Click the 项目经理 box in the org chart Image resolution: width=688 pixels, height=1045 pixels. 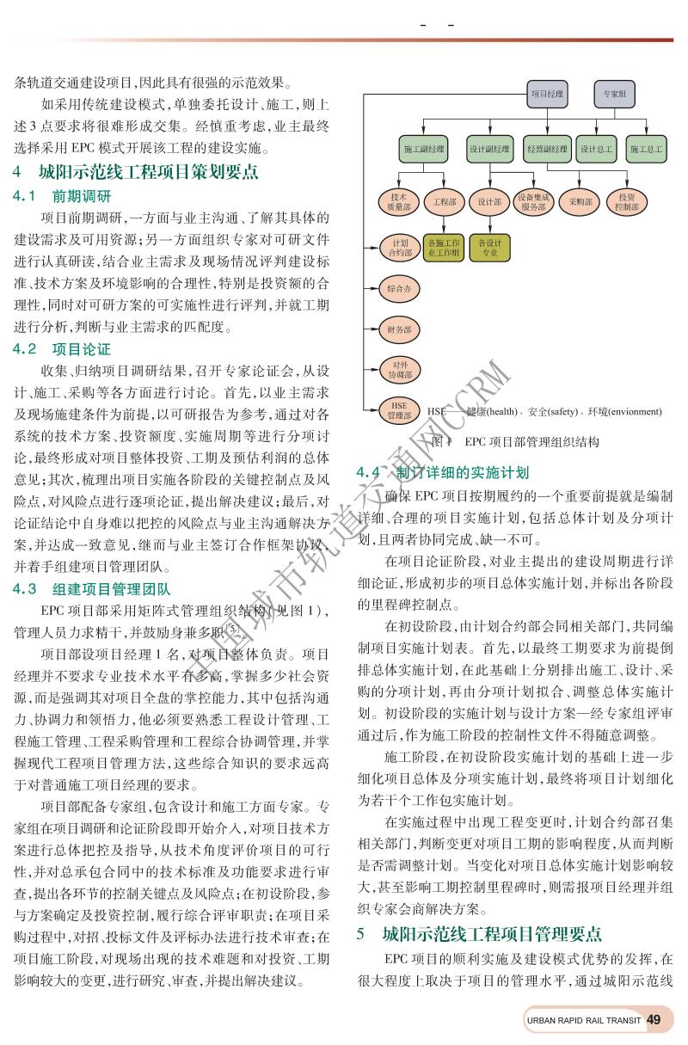547,93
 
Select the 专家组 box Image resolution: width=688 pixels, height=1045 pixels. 613,93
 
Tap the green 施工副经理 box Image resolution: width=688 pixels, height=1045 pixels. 424,149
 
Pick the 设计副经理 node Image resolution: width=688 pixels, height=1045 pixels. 489,149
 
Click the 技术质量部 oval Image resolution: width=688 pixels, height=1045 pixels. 399,201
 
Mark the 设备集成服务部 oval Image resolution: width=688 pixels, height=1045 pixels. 533,201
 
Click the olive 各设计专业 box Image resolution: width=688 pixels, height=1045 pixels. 489,248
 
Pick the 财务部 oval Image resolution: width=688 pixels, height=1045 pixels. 399,329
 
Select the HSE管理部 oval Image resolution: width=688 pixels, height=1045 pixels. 399,410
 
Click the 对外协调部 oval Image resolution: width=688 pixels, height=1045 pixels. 399,370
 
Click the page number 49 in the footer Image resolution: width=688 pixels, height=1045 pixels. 654,1020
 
